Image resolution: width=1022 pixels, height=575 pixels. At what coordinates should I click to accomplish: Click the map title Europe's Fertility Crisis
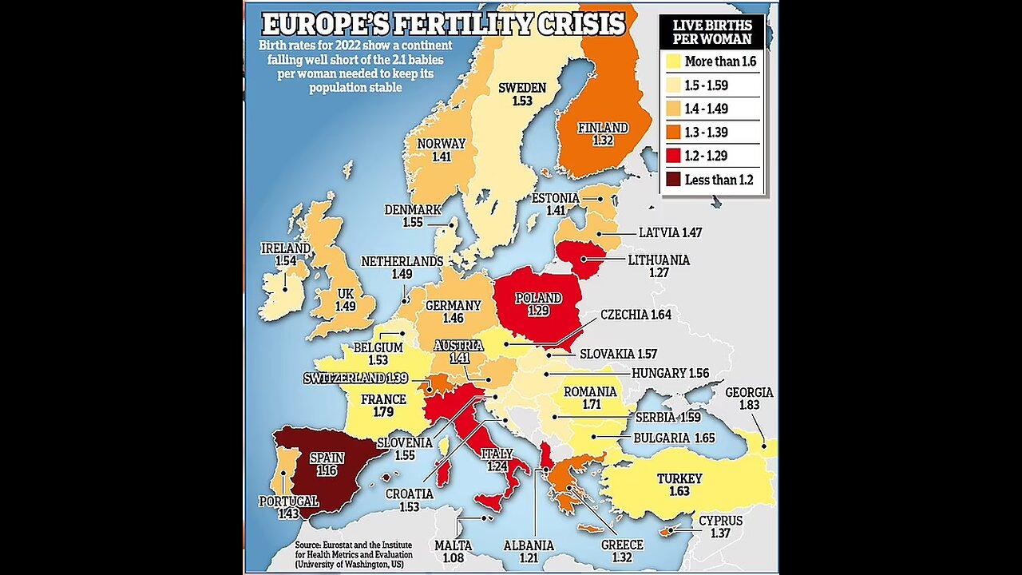443,23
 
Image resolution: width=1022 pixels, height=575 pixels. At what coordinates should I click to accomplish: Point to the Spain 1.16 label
326,464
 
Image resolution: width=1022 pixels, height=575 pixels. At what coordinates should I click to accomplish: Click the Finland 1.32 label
603,133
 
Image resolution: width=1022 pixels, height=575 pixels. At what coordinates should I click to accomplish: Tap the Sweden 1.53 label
522,94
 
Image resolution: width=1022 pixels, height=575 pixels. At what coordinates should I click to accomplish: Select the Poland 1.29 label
538,304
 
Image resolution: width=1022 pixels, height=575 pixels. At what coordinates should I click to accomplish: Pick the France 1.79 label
384,406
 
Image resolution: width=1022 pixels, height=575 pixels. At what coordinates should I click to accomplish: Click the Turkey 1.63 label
679,485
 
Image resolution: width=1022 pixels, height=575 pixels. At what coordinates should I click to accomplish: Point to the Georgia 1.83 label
749,399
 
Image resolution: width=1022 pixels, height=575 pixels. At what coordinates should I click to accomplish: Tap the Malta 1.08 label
453,551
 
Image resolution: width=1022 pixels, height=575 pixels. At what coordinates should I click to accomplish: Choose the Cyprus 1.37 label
720,526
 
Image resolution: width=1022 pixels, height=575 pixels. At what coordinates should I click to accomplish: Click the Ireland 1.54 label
285,255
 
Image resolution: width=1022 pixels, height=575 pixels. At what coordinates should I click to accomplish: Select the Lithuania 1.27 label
659,266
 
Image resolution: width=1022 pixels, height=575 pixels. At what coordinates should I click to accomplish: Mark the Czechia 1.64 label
636,315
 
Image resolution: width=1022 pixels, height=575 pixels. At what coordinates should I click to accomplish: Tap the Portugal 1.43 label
288,507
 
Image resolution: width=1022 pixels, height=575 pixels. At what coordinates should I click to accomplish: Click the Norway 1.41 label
442,150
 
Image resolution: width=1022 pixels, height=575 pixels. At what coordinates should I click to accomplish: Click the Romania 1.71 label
590,398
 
